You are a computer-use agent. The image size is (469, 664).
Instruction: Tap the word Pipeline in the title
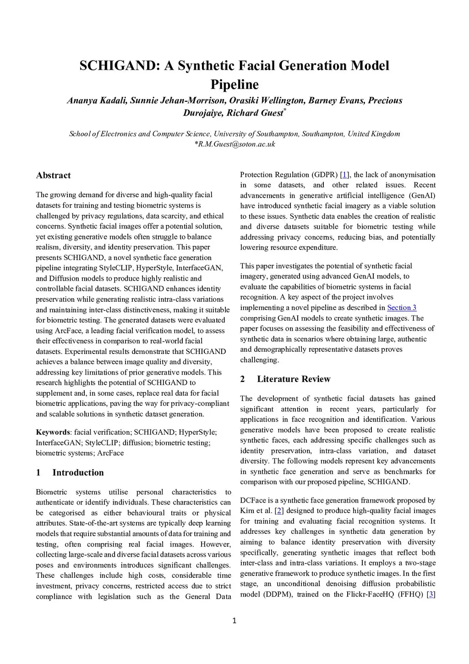(x=234, y=85)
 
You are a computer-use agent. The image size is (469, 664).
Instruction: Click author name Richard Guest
(x=255, y=113)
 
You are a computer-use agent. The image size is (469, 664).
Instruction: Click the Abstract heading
(x=53, y=175)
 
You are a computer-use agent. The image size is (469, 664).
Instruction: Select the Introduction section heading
(x=78, y=472)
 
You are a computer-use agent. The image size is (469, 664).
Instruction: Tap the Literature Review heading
(x=294, y=379)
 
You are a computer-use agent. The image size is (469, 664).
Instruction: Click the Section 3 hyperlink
(x=402, y=308)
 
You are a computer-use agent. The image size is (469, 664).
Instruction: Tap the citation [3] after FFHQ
(x=431, y=594)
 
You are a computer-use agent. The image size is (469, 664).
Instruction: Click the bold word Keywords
(x=53, y=432)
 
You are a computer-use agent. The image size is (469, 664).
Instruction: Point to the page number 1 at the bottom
(x=234, y=621)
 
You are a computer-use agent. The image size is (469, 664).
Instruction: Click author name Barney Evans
(x=336, y=100)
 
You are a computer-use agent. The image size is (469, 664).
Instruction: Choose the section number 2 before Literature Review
(x=243, y=379)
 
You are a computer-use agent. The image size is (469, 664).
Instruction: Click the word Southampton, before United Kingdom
(x=323, y=134)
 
